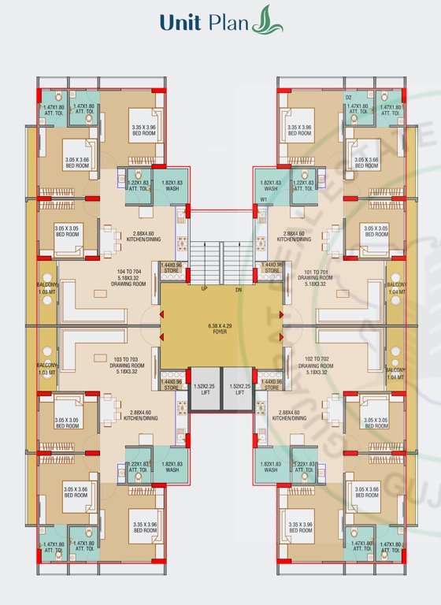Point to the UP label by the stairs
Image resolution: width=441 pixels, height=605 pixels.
pyautogui.click(x=183, y=289)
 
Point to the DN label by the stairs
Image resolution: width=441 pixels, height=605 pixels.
pyautogui.click(x=261, y=289)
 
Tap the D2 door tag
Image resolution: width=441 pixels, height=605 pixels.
pyautogui.click(x=348, y=98)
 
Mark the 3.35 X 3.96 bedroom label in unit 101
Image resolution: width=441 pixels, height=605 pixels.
pyautogui.click(x=299, y=130)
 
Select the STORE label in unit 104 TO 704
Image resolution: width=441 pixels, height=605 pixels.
pyautogui.click(x=172, y=271)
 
